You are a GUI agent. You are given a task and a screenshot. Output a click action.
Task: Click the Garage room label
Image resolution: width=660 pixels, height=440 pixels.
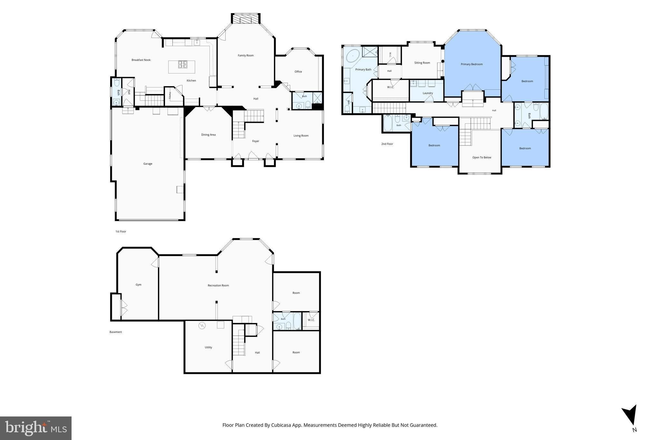(x=148, y=164)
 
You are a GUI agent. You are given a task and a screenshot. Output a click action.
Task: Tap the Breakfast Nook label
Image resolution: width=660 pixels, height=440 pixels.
(x=141, y=60)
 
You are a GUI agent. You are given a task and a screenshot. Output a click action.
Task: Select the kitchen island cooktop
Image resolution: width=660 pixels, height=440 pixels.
(x=182, y=65)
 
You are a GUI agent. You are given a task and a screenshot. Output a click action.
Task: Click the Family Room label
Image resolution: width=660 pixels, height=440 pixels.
(x=246, y=55)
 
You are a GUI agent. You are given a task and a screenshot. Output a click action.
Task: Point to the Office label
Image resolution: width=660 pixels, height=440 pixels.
(x=298, y=72)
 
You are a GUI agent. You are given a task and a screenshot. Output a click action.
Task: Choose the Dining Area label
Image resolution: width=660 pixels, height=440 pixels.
(x=208, y=135)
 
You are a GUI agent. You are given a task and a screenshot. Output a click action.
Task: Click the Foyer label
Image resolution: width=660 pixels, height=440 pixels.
(x=256, y=141)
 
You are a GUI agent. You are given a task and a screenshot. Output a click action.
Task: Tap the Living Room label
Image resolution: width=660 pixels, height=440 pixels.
(x=301, y=136)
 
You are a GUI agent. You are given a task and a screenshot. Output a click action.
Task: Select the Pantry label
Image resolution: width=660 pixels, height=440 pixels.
(x=170, y=95)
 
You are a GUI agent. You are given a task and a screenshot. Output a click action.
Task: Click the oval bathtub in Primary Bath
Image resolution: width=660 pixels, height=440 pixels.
(x=353, y=56)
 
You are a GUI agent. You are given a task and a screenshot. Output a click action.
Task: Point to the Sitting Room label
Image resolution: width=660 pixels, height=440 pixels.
(x=422, y=63)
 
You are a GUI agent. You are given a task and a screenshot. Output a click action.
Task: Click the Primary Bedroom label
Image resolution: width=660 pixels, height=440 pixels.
(x=471, y=64)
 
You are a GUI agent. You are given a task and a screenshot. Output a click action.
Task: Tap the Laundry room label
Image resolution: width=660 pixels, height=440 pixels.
(x=428, y=93)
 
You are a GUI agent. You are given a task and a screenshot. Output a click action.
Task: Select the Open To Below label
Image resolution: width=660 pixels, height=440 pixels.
(x=482, y=158)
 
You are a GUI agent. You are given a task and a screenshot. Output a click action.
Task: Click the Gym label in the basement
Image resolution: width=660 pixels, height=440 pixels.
(x=138, y=285)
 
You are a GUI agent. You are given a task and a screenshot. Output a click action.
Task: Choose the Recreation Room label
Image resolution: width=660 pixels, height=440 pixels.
(x=218, y=285)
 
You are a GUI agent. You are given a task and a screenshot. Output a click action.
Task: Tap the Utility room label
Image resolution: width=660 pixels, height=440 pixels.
(x=208, y=347)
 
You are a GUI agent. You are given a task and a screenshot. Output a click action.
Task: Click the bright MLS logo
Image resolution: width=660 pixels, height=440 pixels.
(x=36, y=428)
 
